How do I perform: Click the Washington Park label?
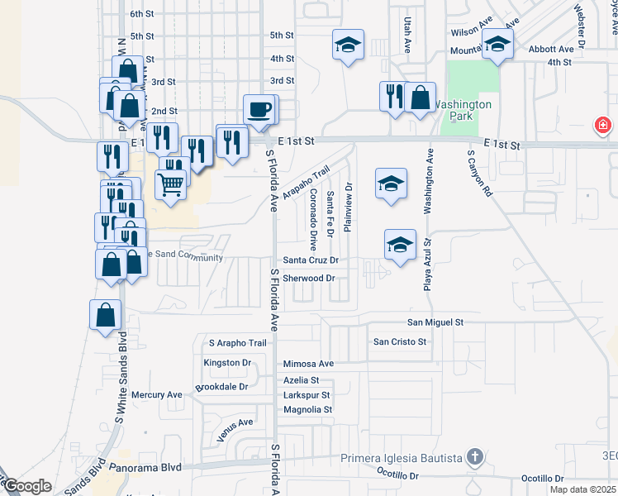[463, 111]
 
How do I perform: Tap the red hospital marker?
[604, 126]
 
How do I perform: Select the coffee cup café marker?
[259, 109]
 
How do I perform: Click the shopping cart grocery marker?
[170, 184]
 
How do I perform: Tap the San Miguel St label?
[435, 322]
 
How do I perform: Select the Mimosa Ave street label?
[308, 364]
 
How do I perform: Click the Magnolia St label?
[307, 409]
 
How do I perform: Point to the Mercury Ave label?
[162, 395]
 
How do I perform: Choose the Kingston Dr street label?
[226, 363]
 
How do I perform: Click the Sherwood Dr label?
[308, 279]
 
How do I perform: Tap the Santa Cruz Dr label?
[311, 260]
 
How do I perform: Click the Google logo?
[28, 486]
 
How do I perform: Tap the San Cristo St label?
[399, 341]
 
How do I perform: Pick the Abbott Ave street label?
[551, 50]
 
